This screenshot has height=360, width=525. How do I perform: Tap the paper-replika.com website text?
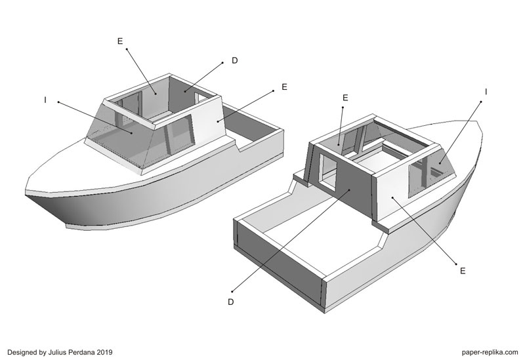pos(490,352)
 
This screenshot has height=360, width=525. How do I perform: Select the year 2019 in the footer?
pos(105,352)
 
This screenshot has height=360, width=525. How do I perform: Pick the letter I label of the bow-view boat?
pos(45,100)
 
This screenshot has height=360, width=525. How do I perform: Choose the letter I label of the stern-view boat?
pos(486,92)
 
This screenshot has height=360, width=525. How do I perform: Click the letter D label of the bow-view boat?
pos(235,60)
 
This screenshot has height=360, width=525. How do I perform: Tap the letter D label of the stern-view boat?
pos(230,302)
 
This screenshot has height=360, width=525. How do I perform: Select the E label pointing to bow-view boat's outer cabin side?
pos(284,87)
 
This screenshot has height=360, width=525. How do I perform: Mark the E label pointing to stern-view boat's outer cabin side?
pos(463,271)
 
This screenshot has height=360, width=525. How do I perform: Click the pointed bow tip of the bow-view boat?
pos(26,193)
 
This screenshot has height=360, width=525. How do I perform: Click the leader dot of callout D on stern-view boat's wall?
pos(350,190)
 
